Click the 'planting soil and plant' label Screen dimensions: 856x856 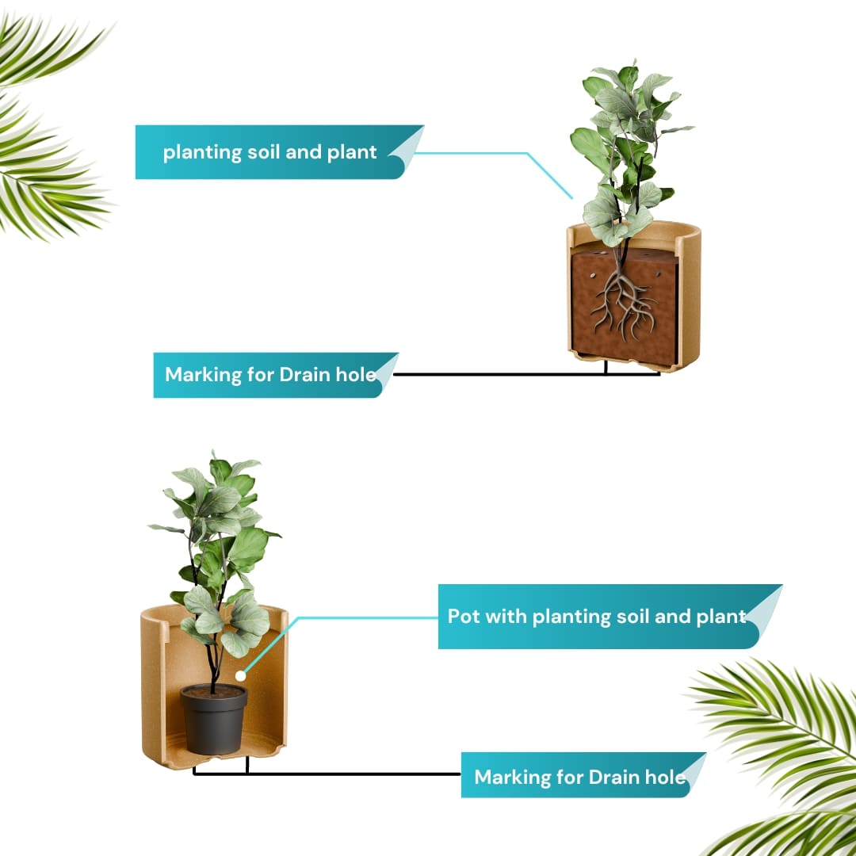(x=270, y=152)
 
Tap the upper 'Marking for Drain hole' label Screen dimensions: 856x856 (x=271, y=375)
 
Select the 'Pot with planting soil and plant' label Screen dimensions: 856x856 (x=597, y=617)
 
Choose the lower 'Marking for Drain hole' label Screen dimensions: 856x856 (x=579, y=776)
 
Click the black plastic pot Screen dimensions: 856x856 (x=213, y=719)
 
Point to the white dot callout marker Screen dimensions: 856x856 (x=240, y=676)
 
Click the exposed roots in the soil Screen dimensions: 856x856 (x=622, y=301)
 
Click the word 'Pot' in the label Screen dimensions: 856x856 (x=464, y=617)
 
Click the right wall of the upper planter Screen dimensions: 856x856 (x=690, y=295)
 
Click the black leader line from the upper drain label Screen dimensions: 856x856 (x=527, y=374)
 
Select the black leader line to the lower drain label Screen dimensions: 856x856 (x=327, y=774)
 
